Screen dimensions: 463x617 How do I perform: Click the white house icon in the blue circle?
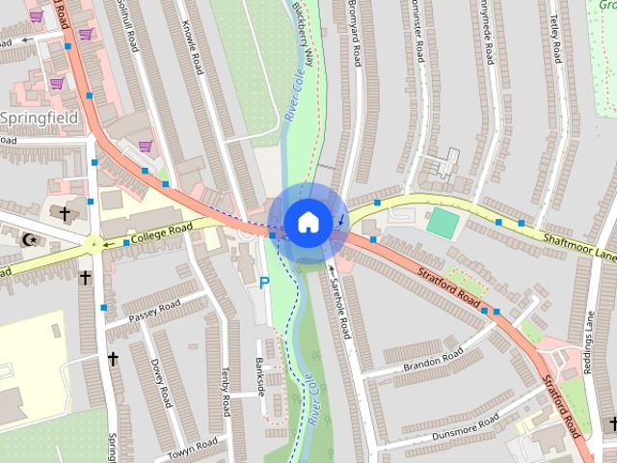pyautogui.click(x=307, y=222)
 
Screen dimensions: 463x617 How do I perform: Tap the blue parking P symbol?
pyautogui.click(x=264, y=283)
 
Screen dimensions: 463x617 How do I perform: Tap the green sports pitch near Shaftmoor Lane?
pyautogui.click(x=443, y=223)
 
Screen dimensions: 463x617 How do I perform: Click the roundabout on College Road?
pyautogui.click(x=94, y=242)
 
